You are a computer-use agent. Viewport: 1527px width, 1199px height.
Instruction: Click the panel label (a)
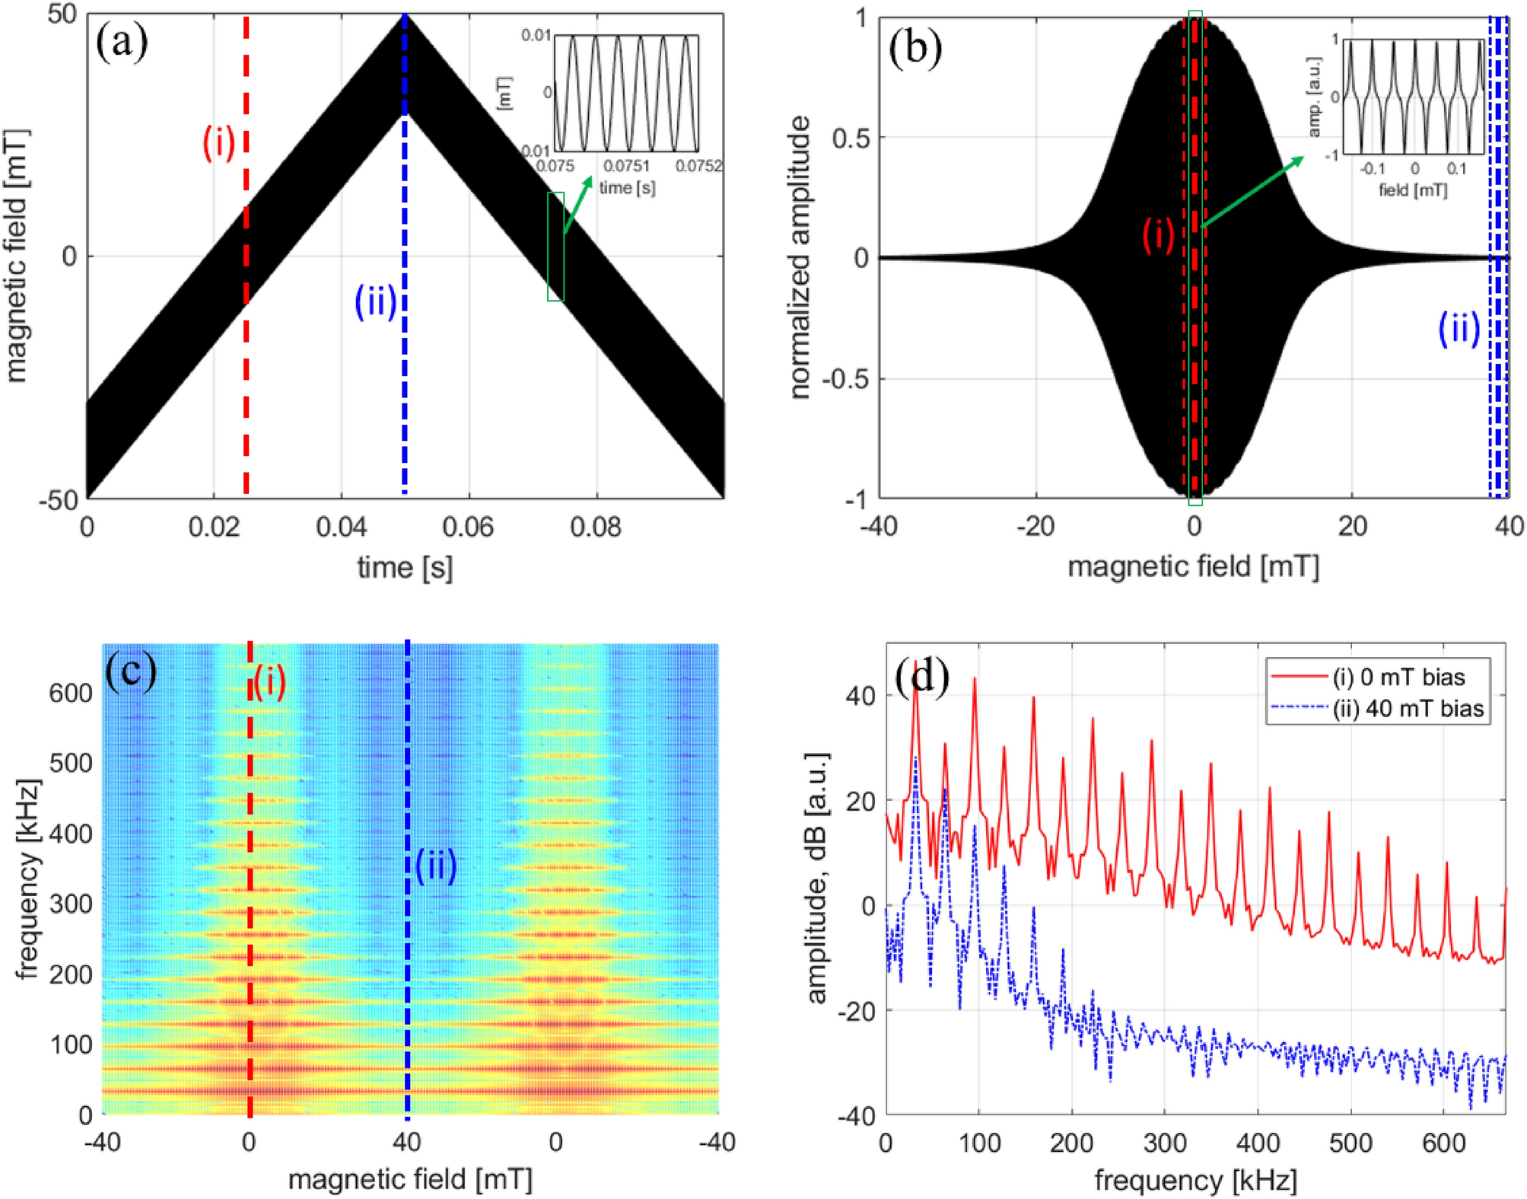tap(122, 43)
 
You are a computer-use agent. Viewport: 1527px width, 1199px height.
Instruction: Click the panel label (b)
tap(915, 49)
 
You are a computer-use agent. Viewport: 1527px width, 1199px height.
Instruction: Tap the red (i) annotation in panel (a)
tap(218, 142)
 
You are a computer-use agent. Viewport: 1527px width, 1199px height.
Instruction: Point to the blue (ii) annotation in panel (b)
tap(1459, 328)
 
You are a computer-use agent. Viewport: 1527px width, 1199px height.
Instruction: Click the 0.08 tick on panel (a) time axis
tap(596, 527)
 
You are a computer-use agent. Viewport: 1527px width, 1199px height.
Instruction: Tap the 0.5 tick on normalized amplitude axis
tap(850, 138)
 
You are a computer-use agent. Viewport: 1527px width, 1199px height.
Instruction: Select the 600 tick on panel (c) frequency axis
tap(71, 693)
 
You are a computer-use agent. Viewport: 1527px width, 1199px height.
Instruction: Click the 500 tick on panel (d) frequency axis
tap(1350, 1143)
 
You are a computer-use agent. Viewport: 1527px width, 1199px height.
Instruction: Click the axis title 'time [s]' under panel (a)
tap(405, 567)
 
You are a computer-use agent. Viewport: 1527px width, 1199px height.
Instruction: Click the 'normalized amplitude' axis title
tap(799, 257)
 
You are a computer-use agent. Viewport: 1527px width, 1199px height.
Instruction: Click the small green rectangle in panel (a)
tap(555, 247)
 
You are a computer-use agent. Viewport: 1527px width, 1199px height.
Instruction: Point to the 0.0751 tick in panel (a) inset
tap(627, 166)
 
